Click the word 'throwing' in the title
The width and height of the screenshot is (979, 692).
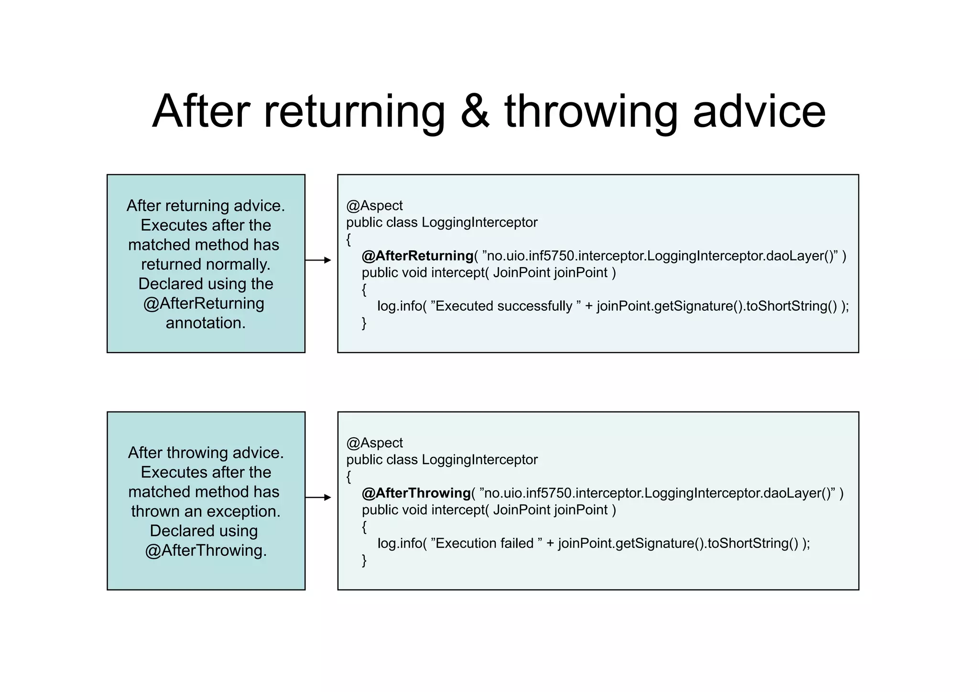[x=591, y=111]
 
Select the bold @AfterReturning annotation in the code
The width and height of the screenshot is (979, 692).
[x=417, y=256]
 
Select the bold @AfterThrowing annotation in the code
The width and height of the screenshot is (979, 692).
[x=416, y=493]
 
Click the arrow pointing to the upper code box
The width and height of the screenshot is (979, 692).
[x=318, y=260]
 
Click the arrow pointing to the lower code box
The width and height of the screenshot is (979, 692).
[x=318, y=497]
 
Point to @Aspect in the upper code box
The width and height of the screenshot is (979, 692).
[x=374, y=205]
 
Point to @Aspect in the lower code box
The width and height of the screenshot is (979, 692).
[x=374, y=443]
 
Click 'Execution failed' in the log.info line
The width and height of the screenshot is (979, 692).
[x=484, y=543]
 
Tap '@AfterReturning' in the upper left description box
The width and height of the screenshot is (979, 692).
[x=204, y=303]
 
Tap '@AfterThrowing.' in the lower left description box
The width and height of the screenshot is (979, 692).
[x=206, y=551]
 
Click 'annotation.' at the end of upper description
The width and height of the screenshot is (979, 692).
[x=206, y=323]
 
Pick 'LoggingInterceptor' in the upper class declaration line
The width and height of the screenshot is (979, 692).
[x=479, y=222]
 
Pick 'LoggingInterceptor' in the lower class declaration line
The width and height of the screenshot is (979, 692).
[x=479, y=460]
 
